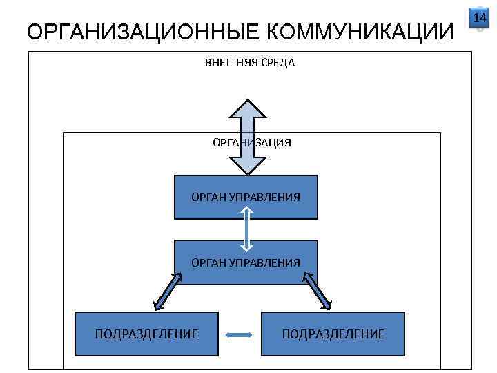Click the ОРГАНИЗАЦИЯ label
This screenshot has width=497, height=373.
tap(251, 143)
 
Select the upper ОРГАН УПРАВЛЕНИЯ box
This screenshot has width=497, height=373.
tap(246, 197)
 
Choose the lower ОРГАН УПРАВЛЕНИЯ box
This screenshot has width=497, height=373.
tap(246, 262)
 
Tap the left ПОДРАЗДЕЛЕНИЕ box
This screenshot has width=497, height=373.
tap(146, 334)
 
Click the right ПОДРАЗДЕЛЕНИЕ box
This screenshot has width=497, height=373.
tap(333, 334)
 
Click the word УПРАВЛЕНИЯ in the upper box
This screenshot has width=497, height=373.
tap(269, 197)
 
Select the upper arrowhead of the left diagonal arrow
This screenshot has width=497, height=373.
tap(177, 277)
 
